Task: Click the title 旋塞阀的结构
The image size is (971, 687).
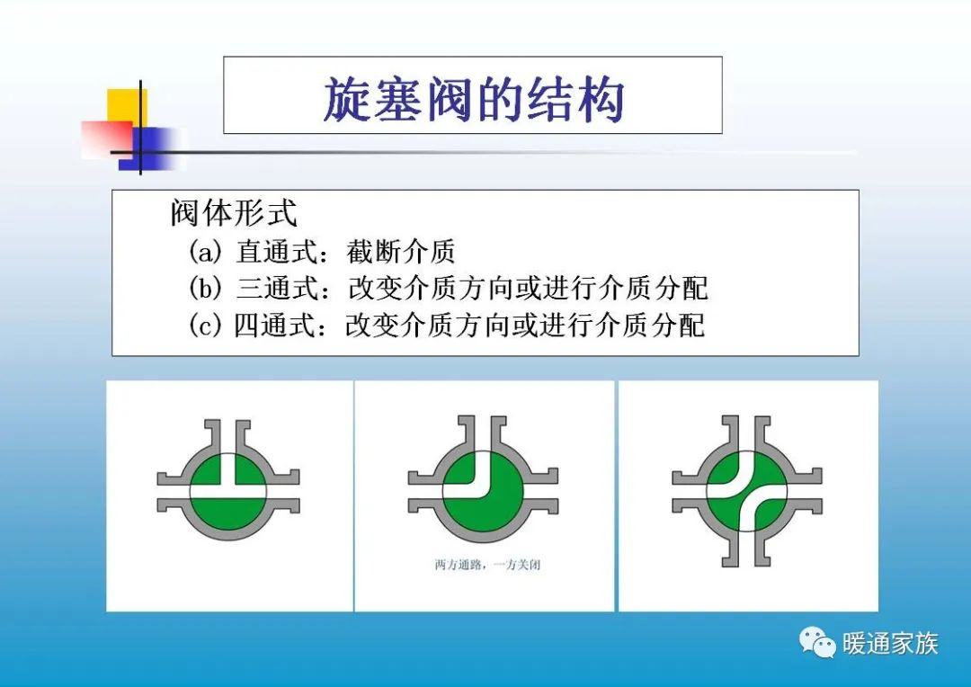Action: [473, 97]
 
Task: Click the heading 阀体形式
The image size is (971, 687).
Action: [233, 214]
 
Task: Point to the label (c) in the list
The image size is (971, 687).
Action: [205, 325]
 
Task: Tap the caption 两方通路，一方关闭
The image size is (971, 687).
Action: [487, 566]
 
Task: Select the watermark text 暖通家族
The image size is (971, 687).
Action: [890, 643]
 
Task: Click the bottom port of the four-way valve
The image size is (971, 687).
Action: [746, 549]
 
